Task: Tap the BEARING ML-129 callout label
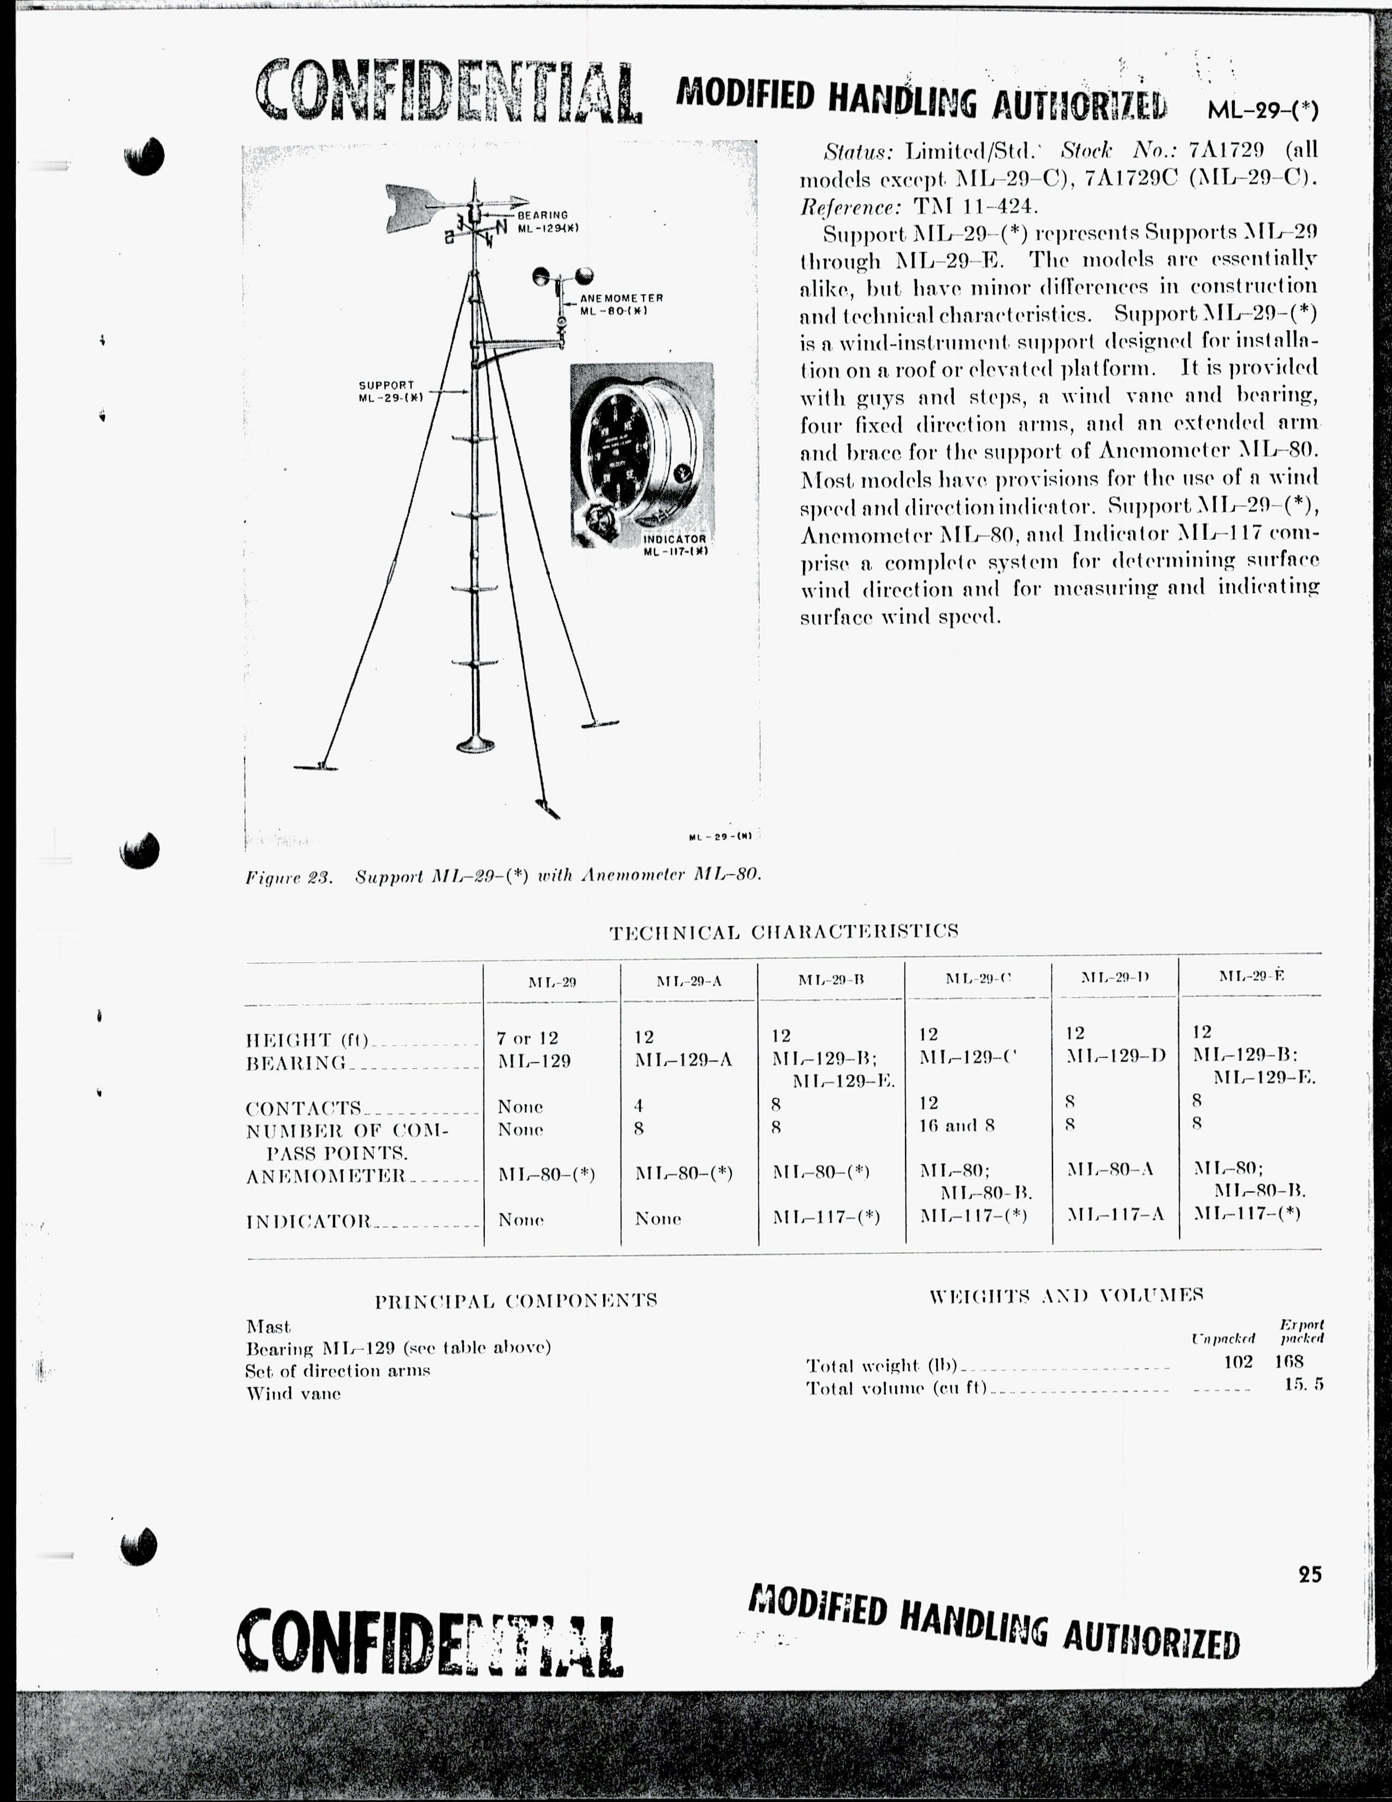coord(545,221)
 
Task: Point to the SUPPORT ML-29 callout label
coord(389,391)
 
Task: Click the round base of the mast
coord(475,745)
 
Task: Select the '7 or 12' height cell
coord(528,1038)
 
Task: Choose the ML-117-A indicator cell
coord(1115,1214)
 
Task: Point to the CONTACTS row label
coord(304,1107)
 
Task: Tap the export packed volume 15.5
coord(1303,1384)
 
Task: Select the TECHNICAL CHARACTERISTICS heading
coord(783,932)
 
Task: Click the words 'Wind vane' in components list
coord(294,1394)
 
